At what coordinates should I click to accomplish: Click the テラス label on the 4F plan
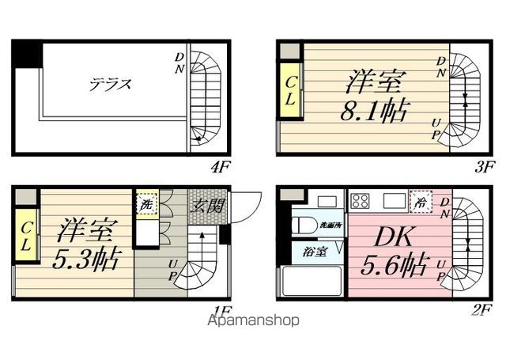(109, 83)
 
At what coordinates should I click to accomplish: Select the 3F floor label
(484, 166)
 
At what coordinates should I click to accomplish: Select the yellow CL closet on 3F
(290, 91)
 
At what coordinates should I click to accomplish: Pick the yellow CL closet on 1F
(26, 236)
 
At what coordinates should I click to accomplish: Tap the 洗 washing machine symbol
(145, 205)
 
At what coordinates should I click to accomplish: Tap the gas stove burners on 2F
(361, 199)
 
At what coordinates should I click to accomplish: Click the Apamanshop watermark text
(253, 321)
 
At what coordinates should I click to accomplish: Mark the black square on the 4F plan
(26, 54)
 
